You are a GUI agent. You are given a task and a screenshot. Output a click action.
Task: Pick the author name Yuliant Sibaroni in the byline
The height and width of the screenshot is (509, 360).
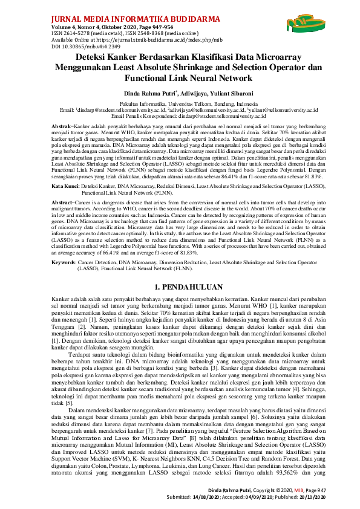coord(214,94)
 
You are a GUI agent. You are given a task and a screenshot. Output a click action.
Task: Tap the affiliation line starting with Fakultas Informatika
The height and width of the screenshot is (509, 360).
coord(179,104)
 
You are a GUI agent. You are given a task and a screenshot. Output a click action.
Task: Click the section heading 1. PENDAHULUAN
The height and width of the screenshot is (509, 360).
coord(180,270)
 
